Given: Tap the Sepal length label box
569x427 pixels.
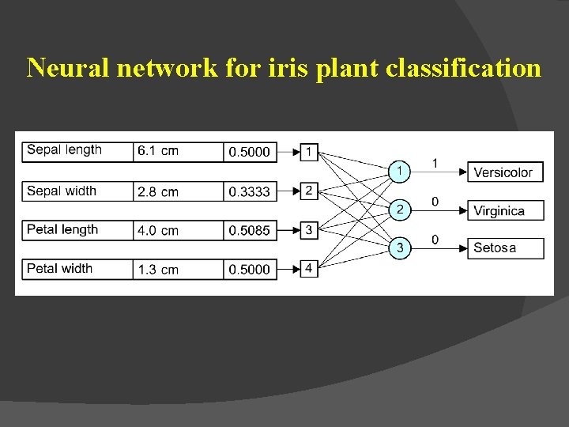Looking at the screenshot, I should (77, 150).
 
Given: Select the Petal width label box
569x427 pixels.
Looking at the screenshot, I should (77, 269).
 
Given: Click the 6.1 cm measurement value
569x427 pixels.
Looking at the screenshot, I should (179, 151).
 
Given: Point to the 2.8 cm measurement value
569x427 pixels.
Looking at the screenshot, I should (179, 191).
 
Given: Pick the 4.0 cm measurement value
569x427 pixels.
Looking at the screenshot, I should (179, 230).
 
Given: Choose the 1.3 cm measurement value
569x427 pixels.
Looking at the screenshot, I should (179, 269).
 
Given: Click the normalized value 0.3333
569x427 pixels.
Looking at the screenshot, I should (250, 191).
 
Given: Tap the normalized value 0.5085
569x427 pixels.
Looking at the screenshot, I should (250, 230).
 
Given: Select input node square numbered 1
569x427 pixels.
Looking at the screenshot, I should (310, 151).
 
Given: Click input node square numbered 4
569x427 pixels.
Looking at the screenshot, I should (310, 269).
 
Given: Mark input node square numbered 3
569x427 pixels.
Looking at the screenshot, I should (310, 230).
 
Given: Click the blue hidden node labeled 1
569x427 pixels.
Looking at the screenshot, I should (401, 170).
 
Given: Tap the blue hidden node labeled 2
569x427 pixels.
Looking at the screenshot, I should (401, 210).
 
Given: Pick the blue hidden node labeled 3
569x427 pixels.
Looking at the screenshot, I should (401, 248).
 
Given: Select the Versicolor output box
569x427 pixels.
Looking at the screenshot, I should (505, 172).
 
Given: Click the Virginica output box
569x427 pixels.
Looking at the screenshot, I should (505, 210).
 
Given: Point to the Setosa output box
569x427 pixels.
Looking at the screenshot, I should (505, 248).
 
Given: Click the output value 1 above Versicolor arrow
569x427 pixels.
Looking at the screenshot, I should (435, 163).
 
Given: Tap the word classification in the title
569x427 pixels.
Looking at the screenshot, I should (464, 68).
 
